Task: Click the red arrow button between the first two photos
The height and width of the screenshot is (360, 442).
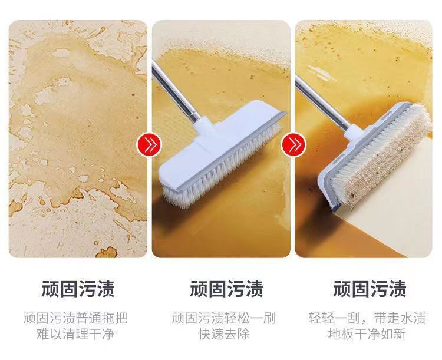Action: tap(149, 144)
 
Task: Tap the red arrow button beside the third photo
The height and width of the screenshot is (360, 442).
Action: tap(293, 144)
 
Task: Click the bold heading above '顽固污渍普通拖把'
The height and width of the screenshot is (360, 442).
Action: tap(78, 288)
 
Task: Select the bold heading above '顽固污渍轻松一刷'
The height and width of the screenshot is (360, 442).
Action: tap(226, 288)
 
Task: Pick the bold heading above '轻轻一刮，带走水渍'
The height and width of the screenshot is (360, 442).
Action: tap(370, 288)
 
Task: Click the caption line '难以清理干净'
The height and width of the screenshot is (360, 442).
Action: tap(75, 334)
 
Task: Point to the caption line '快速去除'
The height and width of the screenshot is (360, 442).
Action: tap(224, 334)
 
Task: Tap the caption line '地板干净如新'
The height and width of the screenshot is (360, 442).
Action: tap(367, 334)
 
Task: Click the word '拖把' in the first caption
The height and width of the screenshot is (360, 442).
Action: tap(115, 318)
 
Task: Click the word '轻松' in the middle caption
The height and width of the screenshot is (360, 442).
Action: tap(237, 318)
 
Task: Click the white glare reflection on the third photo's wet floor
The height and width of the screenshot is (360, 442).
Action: tap(322, 72)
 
